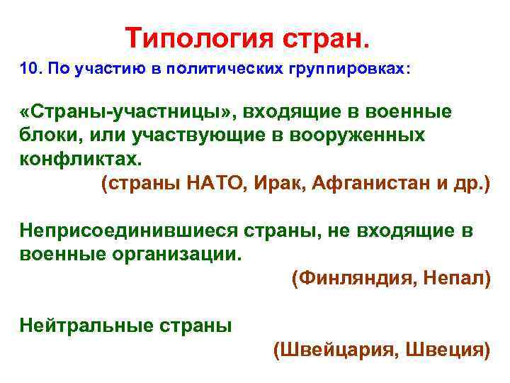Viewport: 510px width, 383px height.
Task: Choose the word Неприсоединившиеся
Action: [128, 232]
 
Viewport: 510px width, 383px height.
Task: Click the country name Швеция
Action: [449, 349]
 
